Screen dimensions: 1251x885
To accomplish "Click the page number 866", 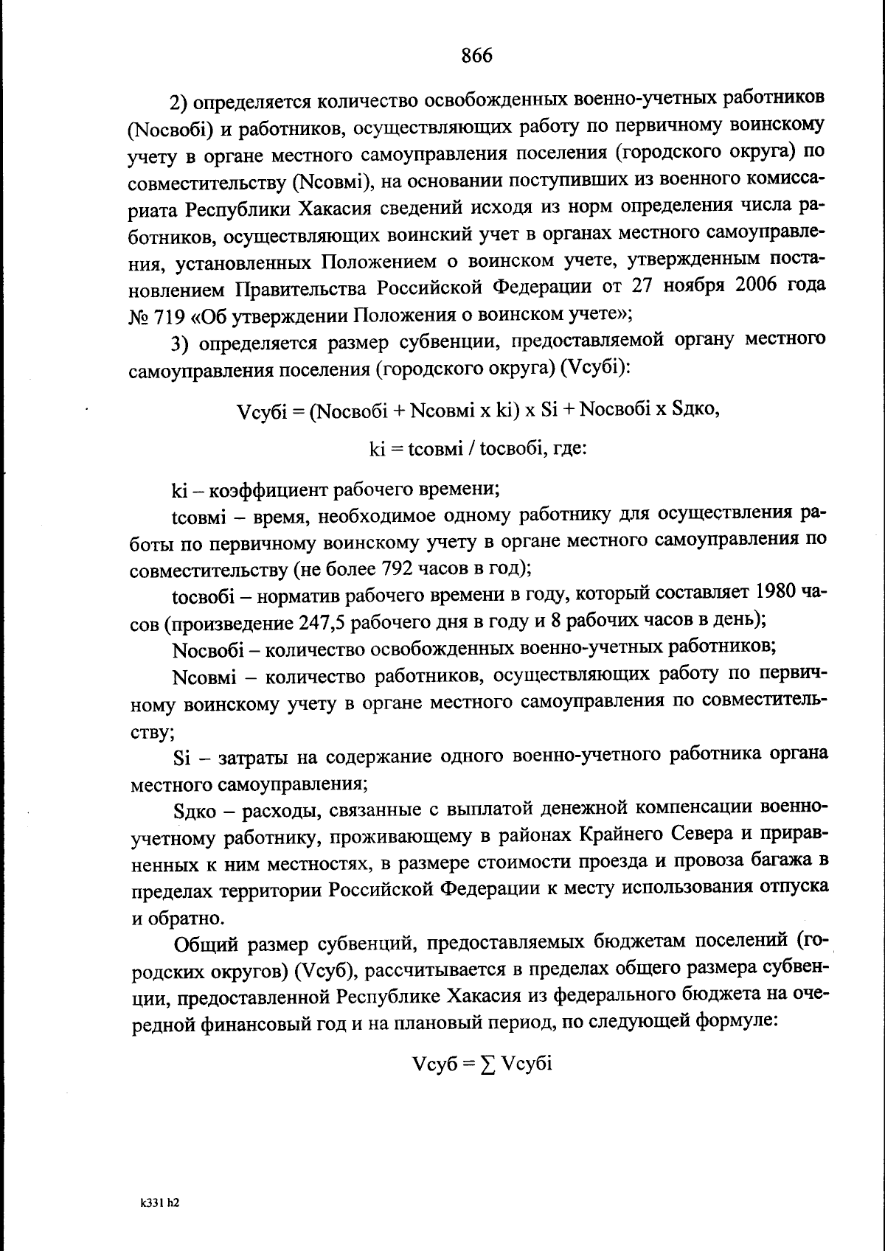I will point(476,56).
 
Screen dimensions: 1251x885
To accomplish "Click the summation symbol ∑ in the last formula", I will point(486,1064).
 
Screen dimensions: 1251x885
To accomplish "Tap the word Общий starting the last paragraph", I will point(205,943).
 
